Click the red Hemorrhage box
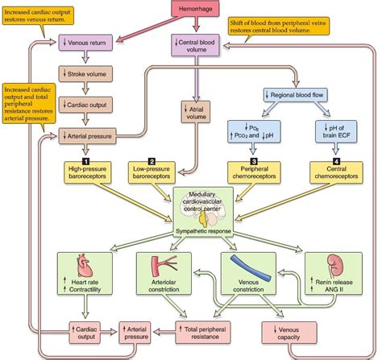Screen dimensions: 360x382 pos(194,8)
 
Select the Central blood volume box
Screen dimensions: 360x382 pos(195,42)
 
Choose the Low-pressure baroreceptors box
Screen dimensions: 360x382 pos(162,172)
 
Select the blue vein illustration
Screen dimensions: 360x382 pos(242,267)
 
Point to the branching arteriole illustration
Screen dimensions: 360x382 pos(160,264)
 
